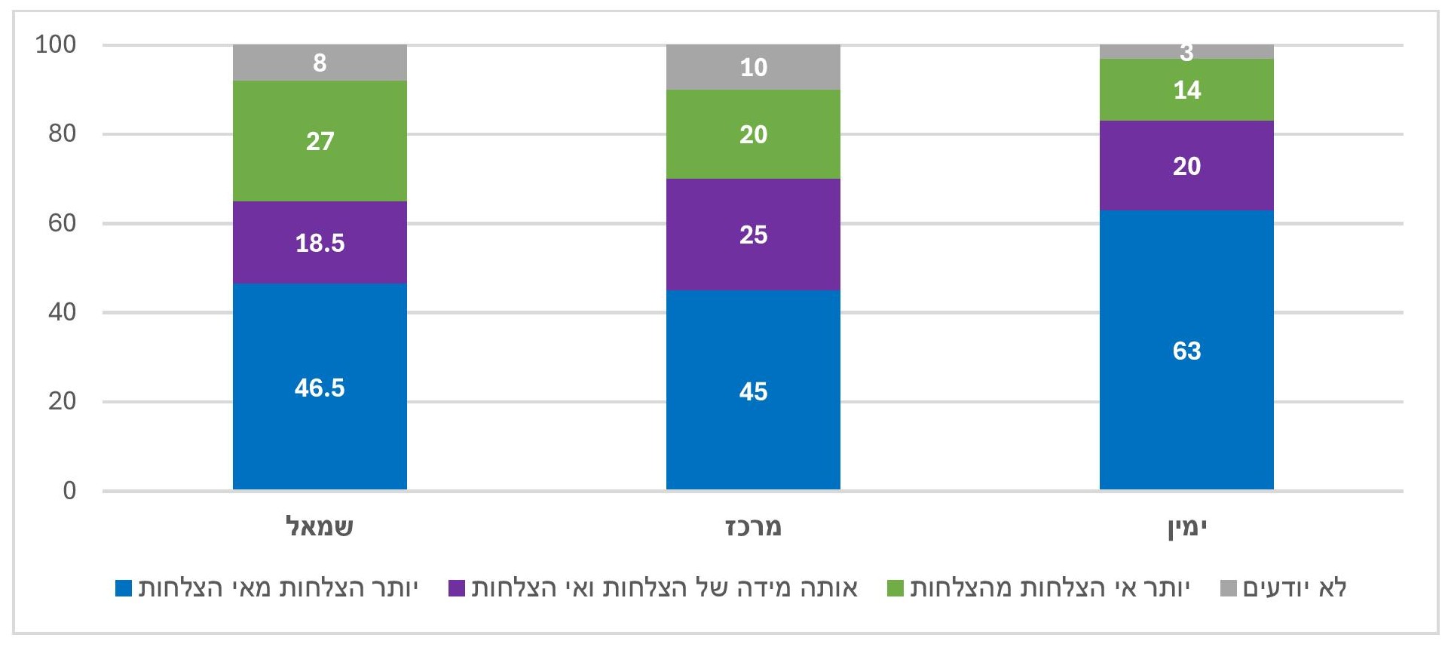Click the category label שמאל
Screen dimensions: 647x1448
tap(320, 526)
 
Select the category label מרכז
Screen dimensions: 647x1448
tap(753, 526)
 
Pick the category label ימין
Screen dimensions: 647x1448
tap(1187, 526)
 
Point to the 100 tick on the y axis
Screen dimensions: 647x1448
tap(56, 44)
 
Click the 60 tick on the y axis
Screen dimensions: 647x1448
tap(62, 223)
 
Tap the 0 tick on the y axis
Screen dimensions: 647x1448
tap(69, 491)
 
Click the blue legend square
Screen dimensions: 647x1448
tap(124, 588)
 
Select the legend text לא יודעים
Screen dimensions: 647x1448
tap(1294, 587)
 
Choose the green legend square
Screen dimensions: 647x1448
tap(895, 588)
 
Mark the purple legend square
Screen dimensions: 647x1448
tap(457, 588)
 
